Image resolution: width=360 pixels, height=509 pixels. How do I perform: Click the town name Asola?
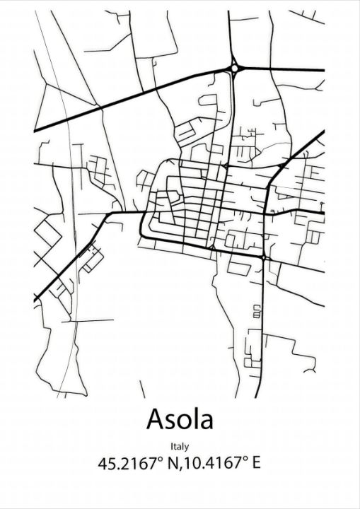coord(180,419)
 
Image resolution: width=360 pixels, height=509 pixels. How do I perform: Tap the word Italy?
coord(180,446)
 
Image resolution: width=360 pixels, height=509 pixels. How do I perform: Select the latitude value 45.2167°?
coord(129,464)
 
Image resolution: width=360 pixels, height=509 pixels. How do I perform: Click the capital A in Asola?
coord(156,419)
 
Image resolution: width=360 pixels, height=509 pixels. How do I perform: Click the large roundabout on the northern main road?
coord(234,69)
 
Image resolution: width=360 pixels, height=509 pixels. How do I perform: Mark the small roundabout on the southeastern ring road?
coord(263,259)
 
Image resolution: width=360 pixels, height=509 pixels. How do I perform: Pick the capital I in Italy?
coord(171,446)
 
